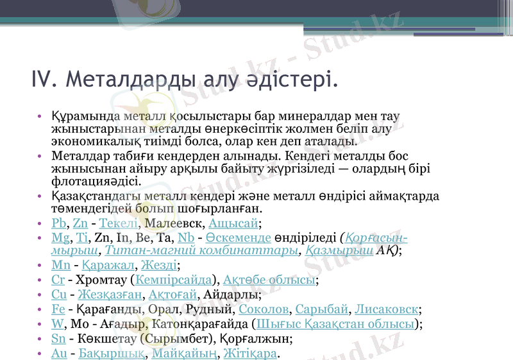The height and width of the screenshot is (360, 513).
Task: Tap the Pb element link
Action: (x=58, y=223)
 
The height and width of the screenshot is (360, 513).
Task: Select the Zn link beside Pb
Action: (x=80, y=223)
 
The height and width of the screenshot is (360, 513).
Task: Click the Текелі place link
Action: (x=119, y=223)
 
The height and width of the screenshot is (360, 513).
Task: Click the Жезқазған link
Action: (x=110, y=295)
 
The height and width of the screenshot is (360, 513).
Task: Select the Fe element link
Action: (x=58, y=309)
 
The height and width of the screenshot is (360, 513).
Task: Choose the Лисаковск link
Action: (x=387, y=309)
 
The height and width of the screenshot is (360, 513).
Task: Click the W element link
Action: (x=56, y=324)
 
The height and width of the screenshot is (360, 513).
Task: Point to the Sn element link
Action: (x=58, y=339)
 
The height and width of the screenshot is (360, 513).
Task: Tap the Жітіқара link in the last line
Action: (x=251, y=354)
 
